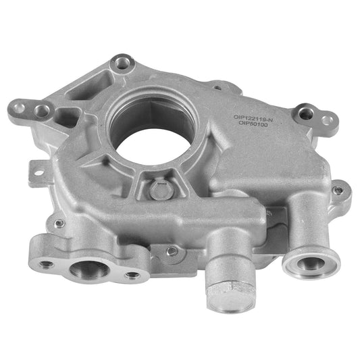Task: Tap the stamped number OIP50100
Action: (251, 126)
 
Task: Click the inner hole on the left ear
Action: (43, 110)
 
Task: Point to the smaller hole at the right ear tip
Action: (327, 120)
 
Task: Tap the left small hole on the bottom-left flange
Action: (46, 264)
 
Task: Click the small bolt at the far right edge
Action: (338, 190)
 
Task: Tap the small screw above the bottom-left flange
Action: (59, 224)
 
